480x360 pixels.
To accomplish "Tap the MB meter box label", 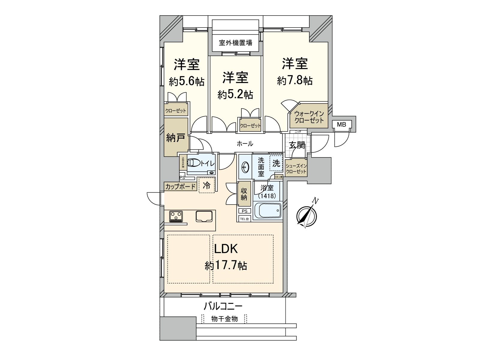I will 341,124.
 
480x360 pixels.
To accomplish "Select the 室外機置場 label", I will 235,43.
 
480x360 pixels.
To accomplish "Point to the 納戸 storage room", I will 176,138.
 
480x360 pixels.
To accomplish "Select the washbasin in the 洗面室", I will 245,167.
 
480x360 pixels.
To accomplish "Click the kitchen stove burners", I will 176,216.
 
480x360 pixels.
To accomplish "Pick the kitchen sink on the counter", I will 204,216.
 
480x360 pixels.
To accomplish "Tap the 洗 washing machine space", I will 276,163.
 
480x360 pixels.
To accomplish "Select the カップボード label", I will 180,187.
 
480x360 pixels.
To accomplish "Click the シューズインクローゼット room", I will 296,169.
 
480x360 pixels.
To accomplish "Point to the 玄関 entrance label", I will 297,145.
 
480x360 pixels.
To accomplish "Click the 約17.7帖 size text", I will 226,265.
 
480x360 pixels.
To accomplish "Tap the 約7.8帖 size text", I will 295,80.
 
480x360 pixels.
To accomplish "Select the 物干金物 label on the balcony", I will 224,319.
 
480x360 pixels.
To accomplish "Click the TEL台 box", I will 244,219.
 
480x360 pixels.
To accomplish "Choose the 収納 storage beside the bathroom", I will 244,194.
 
